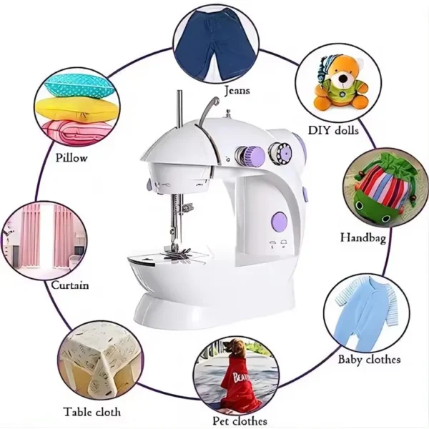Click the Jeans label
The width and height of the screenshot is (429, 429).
click(x=237, y=91)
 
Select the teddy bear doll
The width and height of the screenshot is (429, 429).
click(x=341, y=83)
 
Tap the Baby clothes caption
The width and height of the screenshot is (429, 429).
click(x=369, y=359)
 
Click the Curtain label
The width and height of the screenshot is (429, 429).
click(x=70, y=285)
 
